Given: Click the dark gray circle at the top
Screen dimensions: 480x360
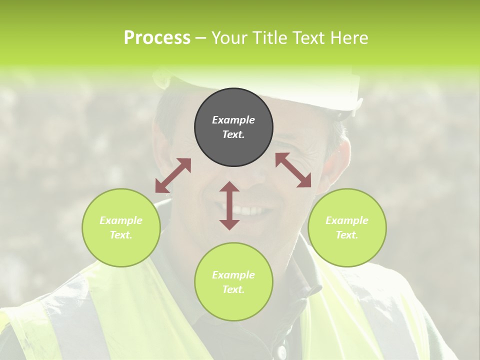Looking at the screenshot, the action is pyautogui.click(x=233, y=127).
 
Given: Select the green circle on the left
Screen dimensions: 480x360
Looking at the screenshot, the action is pyautogui.click(x=121, y=227).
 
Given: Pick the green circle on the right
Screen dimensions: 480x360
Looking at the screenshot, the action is pyautogui.click(x=347, y=227).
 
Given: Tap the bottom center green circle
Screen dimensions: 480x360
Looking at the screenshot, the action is pyautogui.click(x=233, y=282).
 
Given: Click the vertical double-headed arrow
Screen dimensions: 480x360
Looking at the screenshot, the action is pyautogui.click(x=229, y=205).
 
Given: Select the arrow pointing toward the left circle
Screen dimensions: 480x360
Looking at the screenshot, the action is pyautogui.click(x=173, y=175).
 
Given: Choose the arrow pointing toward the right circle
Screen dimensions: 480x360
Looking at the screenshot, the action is pyautogui.click(x=293, y=170).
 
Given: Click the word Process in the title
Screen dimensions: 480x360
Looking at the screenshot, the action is pyautogui.click(x=157, y=37).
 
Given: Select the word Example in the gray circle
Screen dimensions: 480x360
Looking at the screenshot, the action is pyautogui.click(x=233, y=120).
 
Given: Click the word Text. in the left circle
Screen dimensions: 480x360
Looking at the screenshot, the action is pyautogui.click(x=121, y=235).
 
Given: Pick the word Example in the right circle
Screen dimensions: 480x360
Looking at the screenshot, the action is pyautogui.click(x=347, y=220).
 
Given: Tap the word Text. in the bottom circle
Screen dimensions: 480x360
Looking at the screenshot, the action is pyautogui.click(x=233, y=289).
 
